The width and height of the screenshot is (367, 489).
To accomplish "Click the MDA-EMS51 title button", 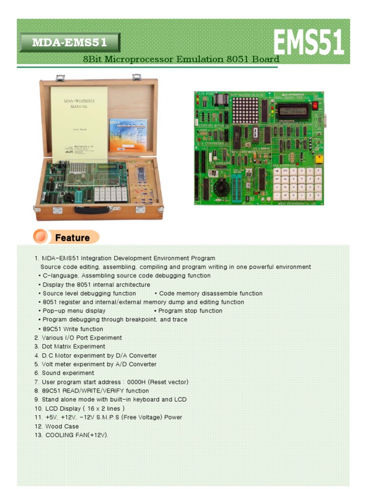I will coord(69,43).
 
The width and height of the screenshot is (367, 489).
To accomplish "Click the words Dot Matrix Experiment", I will coord(74,347).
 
